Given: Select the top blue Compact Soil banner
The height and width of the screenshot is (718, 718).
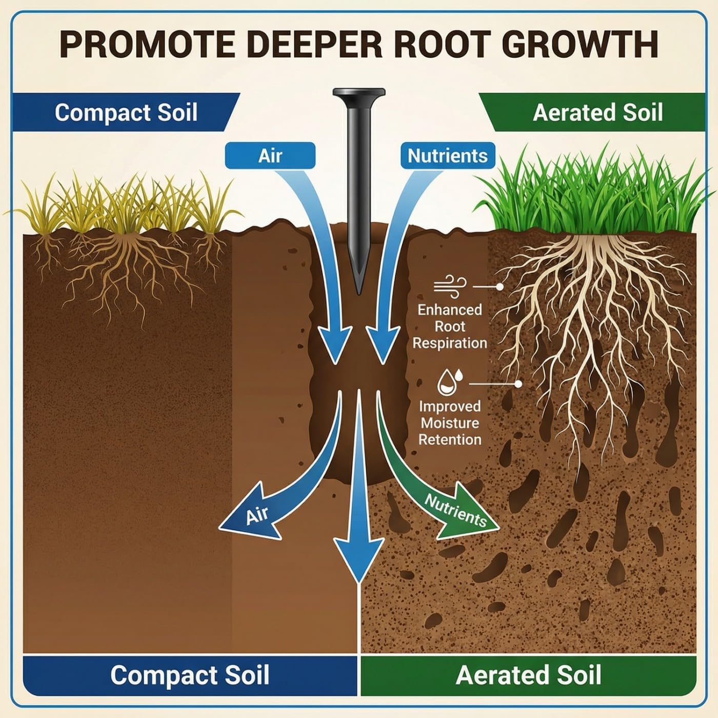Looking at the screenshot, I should (x=126, y=112).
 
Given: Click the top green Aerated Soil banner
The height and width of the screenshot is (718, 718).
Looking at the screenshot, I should (x=597, y=112).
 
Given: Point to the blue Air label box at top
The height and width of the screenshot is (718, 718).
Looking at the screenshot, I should (x=270, y=155).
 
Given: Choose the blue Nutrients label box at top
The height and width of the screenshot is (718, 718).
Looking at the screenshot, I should (x=447, y=155).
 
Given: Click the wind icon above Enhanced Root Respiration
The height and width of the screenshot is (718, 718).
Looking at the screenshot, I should (x=450, y=286).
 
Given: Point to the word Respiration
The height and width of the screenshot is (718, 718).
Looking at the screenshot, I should (x=450, y=343).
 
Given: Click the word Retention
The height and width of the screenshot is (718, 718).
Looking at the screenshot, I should (x=450, y=440).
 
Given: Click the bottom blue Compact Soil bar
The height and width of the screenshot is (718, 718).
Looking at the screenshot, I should (x=190, y=675).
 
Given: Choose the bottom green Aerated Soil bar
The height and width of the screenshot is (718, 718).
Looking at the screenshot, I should (x=528, y=675).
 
